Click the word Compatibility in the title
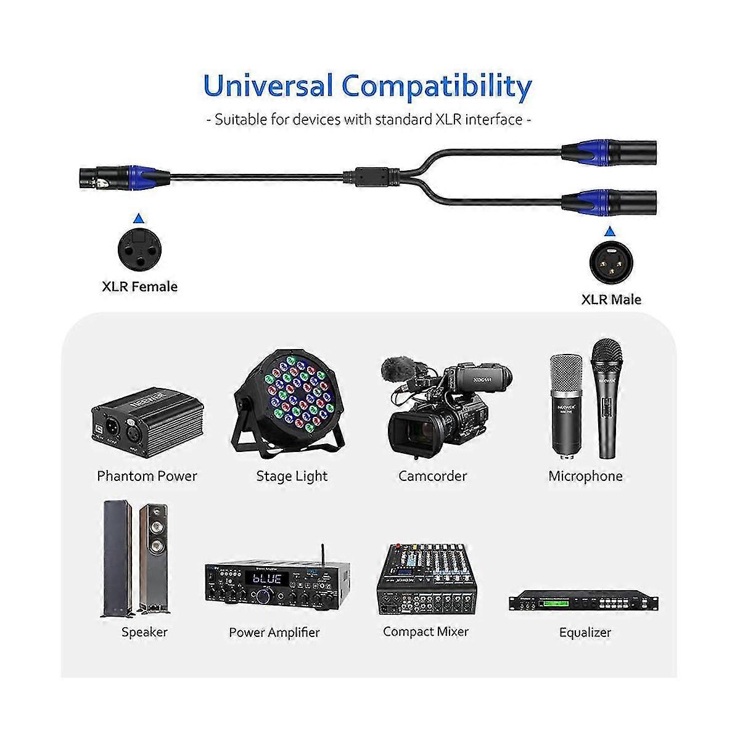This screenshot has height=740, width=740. click(437, 86)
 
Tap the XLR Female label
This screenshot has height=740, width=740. click(139, 287)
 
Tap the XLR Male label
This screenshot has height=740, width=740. click(611, 300)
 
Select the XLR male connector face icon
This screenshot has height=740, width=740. click(610, 261)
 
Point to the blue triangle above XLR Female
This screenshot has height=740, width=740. click(139, 218)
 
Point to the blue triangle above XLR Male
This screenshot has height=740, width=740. click(610, 231)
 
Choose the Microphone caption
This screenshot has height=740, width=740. click(585, 476)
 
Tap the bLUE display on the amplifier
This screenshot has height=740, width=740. click(266, 579)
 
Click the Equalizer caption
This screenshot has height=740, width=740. click(585, 632)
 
